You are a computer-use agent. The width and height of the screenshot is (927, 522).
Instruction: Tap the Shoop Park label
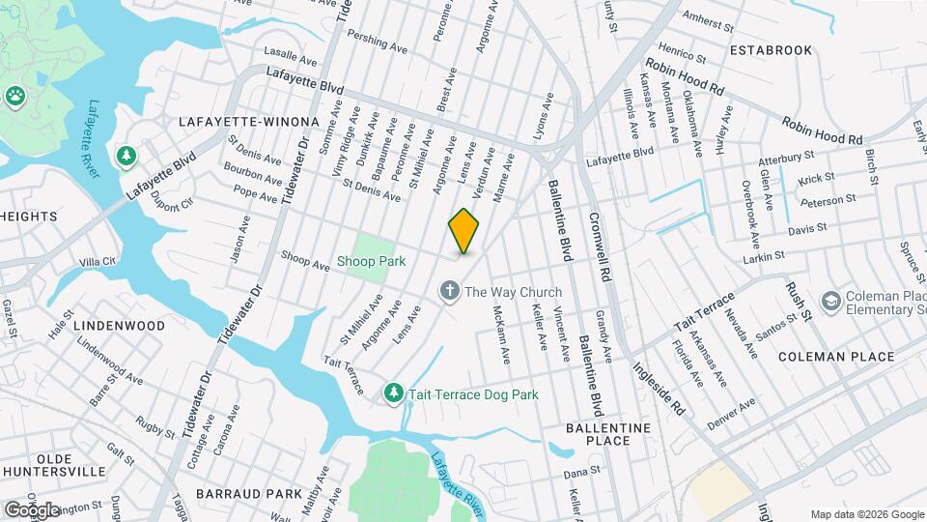[371, 261]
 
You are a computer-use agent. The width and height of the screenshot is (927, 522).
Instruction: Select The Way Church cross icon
[449, 291]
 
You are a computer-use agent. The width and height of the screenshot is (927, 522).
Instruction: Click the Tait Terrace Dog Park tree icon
[393, 392]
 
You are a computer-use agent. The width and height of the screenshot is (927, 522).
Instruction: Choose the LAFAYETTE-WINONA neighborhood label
[248, 122]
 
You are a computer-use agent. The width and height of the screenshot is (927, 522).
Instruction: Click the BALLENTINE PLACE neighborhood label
[608, 433]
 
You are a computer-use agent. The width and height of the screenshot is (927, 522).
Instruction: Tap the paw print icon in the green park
[15, 95]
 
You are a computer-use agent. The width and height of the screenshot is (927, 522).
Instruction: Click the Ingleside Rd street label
[658, 384]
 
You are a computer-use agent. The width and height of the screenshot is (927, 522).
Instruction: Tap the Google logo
[32, 509]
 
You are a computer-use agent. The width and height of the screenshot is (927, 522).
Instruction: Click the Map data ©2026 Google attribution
[866, 514]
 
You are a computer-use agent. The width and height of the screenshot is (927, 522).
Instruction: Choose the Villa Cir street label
[98, 261]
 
